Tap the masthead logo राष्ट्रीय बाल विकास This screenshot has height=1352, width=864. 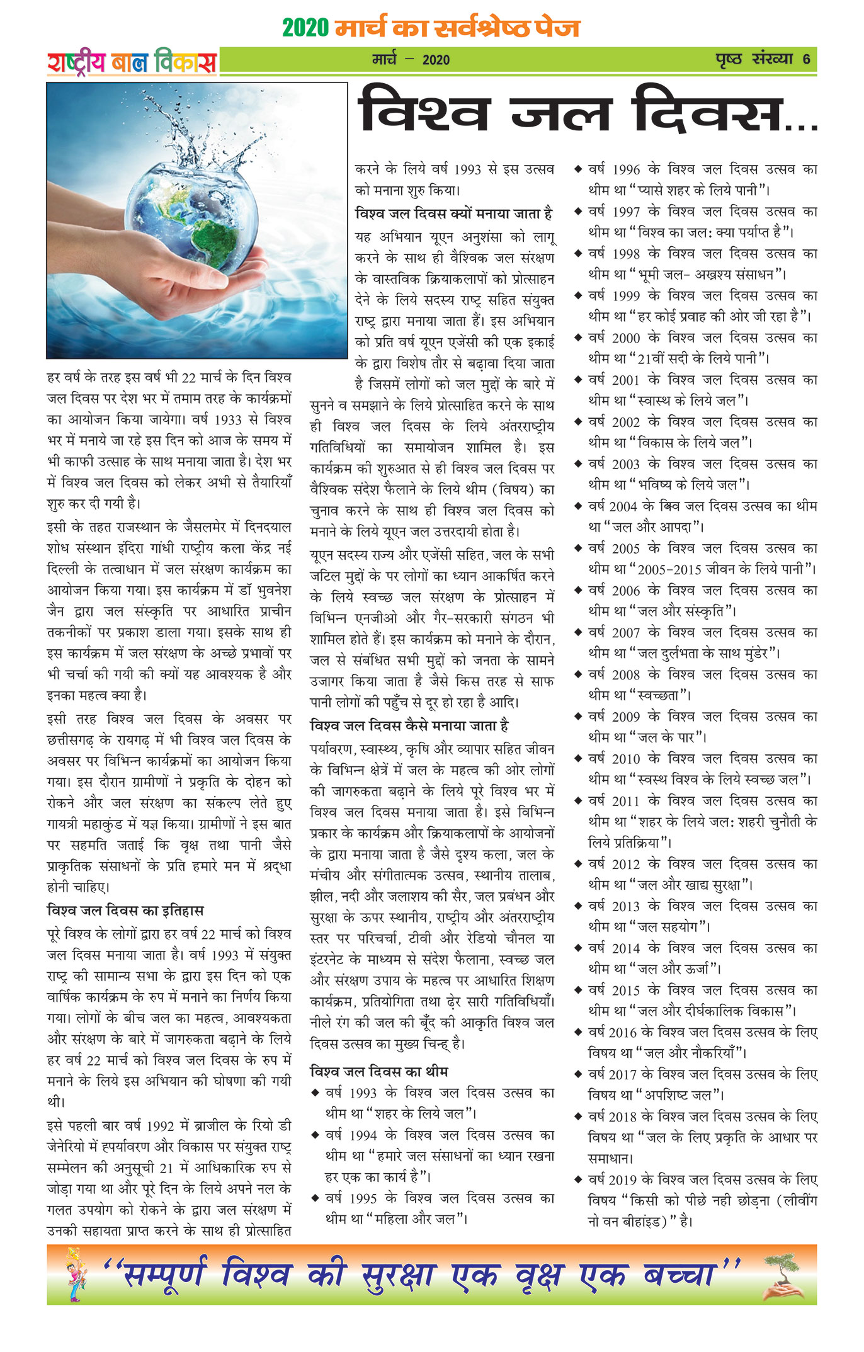pos(132,63)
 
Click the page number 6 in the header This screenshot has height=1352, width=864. pos(806,60)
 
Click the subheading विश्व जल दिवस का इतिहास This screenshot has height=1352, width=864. pos(125,910)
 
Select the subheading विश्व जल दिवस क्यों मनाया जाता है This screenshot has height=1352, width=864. pos(454,213)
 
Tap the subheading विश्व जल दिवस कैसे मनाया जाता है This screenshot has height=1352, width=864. pos(409,725)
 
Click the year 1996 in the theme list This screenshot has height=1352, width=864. pos(625,170)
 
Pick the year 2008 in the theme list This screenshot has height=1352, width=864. pos(625,675)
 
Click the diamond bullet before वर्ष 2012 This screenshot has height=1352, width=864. pos(577,863)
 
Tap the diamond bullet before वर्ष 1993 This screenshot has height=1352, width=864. pos(315,1092)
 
